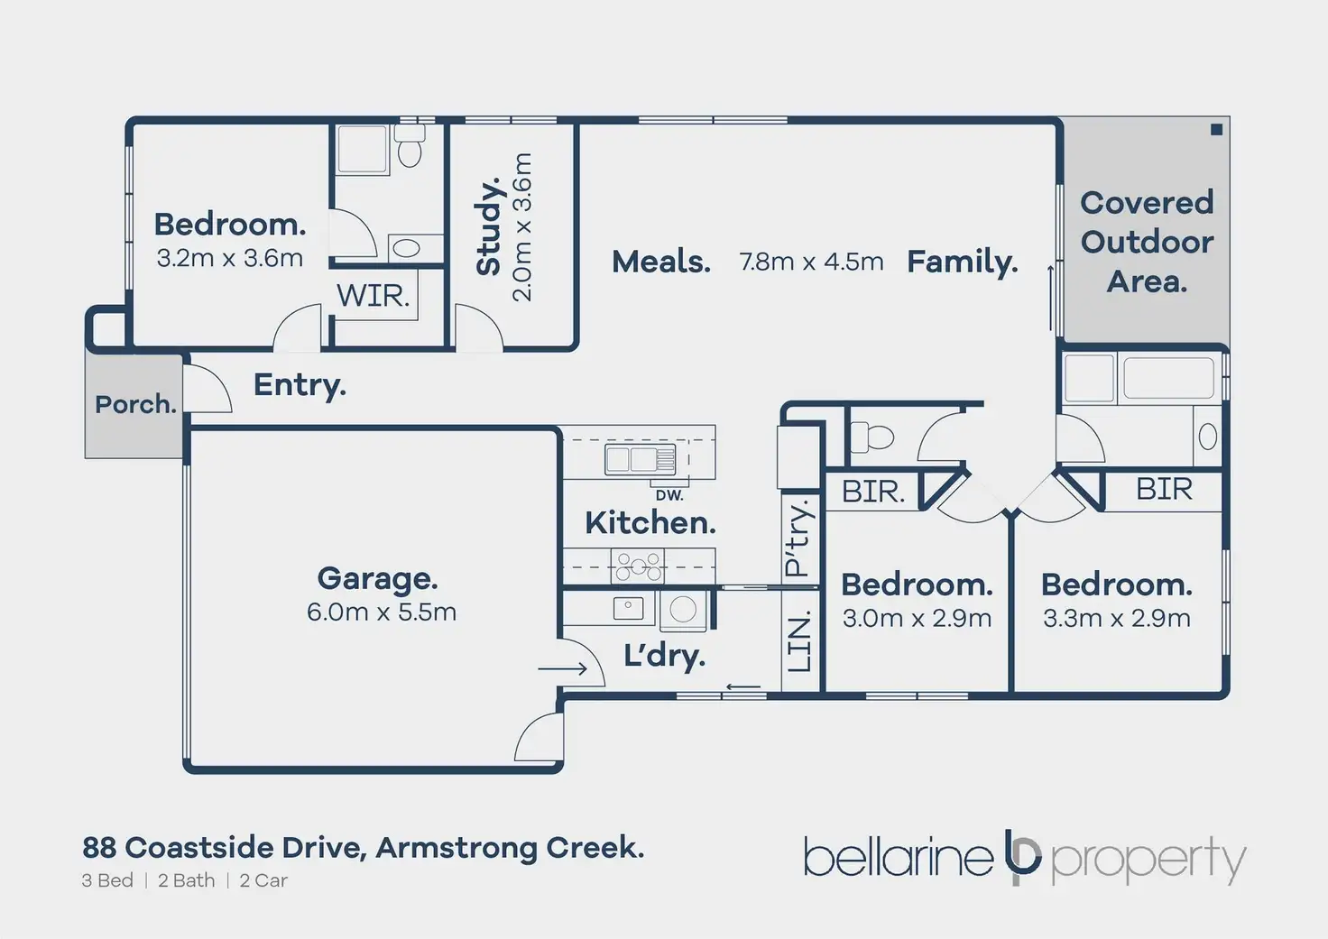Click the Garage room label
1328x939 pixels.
[377, 578]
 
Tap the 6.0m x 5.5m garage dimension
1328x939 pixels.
[381, 612]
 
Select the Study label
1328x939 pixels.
[488, 226]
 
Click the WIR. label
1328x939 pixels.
[373, 295]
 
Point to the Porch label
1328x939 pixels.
[135, 404]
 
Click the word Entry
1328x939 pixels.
[300, 385]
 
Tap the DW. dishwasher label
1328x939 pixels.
[669, 495]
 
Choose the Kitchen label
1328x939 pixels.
[650, 522]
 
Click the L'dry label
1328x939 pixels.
[664, 656]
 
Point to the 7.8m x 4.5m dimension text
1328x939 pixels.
[811, 262]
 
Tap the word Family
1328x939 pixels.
[962, 262]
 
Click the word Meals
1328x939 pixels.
[661, 262]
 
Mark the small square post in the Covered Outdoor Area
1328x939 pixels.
[1216, 130]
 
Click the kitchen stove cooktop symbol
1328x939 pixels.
[639, 566]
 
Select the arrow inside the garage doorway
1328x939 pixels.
[562, 668]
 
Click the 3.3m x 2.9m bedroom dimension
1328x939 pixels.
[1117, 619]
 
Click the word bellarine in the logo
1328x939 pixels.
[899, 858]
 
